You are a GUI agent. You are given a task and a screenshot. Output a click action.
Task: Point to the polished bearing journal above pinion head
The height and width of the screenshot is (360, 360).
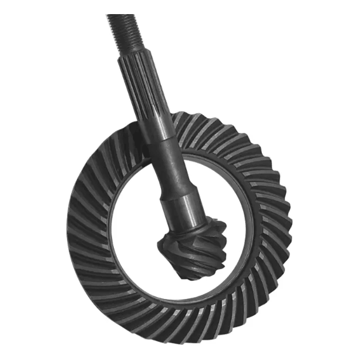click(181, 208)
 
